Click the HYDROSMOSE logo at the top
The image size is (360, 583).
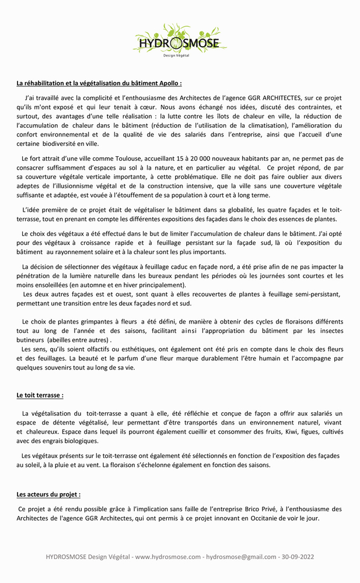(x=179, y=42)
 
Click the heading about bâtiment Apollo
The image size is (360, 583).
(x=99, y=83)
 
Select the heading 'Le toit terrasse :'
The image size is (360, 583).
(x=40, y=395)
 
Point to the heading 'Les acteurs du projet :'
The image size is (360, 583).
(x=48, y=494)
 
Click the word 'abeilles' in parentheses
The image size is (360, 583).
(x=59, y=340)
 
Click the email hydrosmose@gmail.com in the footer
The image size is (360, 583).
(x=242, y=557)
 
